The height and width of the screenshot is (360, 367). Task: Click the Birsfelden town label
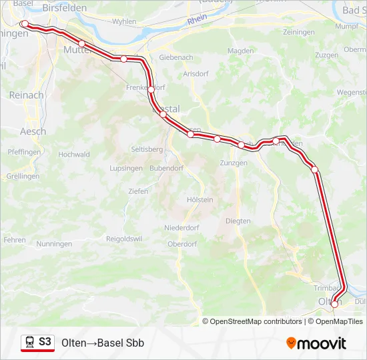(x=65, y=9)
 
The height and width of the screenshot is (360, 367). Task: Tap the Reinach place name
(x=27, y=95)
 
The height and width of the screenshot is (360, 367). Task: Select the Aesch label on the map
(x=33, y=131)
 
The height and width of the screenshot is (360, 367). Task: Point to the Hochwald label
(x=74, y=154)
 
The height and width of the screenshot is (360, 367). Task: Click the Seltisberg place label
(x=147, y=149)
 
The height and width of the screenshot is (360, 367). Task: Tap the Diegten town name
(x=238, y=221)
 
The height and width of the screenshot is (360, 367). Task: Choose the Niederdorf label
(x=181, y=227)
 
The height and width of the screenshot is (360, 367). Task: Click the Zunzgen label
(x=234, y=163)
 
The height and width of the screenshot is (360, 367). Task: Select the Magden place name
(x=240, y=51)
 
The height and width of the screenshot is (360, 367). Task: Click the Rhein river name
(x=198, y=20)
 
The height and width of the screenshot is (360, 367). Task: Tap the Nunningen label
(x=55, y=245)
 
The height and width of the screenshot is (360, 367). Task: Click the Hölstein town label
(x=200, y=199)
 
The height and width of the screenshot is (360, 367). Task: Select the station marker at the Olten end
(x=335, y=304)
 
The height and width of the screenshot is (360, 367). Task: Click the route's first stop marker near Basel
(x=25, y=24)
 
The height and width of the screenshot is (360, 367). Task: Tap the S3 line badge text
(x=45, y=342)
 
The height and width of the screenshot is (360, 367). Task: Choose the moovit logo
(x=316, y=343)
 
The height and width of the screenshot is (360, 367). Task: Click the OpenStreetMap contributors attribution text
(x=256, y=321)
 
